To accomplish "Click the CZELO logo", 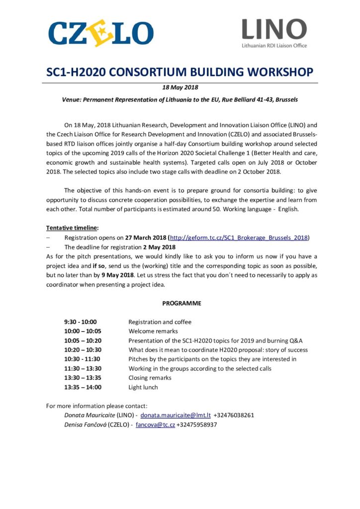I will click(x=100, y=33).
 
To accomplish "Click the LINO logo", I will click(x=274, y=33).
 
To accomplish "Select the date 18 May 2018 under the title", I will click(x=180, y=88).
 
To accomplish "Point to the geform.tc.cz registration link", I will click(x=239, y=238).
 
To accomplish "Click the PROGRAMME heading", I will click(x=181, y=303).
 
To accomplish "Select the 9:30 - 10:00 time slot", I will click(x=81, y=322).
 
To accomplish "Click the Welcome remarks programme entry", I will click(x=153, y=331).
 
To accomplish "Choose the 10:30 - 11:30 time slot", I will click(x=82, y=359).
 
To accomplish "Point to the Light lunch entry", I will click(x=143, y=387).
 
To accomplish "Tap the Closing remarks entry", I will click(x=150, y=378).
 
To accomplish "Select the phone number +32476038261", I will click(x=234, y=415).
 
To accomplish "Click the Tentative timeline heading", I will click(x=72, y=228).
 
